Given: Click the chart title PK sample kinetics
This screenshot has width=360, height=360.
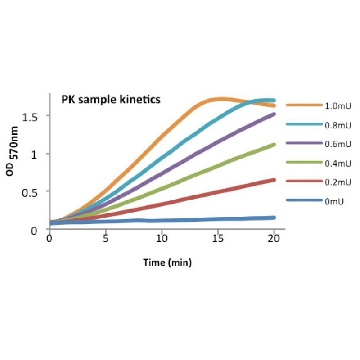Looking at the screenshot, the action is coord(111,99).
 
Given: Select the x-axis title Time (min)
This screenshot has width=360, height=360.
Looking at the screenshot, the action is coord(167,263).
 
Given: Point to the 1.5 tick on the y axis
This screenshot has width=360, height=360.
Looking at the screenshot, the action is coord(33,116).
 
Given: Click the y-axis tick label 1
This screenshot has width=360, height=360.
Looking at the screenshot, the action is coord(38,154).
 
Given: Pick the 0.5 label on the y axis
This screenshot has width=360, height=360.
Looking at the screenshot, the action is coord(33,192).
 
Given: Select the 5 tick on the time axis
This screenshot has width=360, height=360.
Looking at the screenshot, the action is coord(106,239).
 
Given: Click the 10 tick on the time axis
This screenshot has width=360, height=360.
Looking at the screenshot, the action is coord(161,239).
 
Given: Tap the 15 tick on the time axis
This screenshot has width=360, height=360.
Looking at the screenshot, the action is coord(218,239).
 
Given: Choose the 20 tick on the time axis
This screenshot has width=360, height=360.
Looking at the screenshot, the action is coord(274,239).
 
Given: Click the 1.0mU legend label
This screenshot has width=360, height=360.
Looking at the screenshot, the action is coord(338,106).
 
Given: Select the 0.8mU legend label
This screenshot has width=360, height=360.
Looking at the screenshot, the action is coord(338,125).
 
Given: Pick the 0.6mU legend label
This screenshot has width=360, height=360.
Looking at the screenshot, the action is coord(338,144).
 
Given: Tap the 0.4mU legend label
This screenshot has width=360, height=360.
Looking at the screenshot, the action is coord(338,163).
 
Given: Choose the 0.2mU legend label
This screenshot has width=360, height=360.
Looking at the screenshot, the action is coord(338,182).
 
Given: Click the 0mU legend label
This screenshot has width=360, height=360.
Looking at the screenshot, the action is coord(334,201).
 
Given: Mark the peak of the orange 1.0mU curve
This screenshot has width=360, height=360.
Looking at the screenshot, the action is coord(218,99).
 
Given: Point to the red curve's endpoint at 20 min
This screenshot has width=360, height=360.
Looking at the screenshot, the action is coord(274,180).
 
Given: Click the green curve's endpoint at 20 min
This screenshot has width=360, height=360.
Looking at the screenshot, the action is coord(274,144).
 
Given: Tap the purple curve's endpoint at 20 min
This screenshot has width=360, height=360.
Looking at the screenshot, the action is coord(274,114).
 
